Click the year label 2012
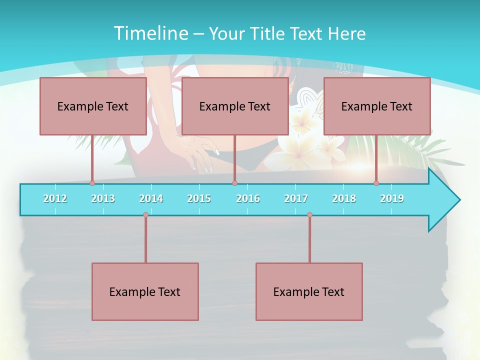[x=55, y=198]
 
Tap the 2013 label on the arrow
[x=103, y=198]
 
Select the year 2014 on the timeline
[x=151, y=198]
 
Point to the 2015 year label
[x=199, y=198]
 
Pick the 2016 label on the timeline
[x=248, y=198]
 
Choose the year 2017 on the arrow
[x=296, y=198]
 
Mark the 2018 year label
[x=344, y=198]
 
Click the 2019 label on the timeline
[x=392, y=198]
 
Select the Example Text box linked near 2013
[x=93, y=106]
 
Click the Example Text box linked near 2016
[x=235, y=106]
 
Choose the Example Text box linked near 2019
[x=377, y=106]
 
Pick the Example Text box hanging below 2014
[x=145, y=291]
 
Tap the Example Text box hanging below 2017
[x=309, y=291]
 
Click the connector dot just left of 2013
[x=92, y=183]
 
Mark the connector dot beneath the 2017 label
[x=309, y=215]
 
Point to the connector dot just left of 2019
[x=376, y=183]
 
